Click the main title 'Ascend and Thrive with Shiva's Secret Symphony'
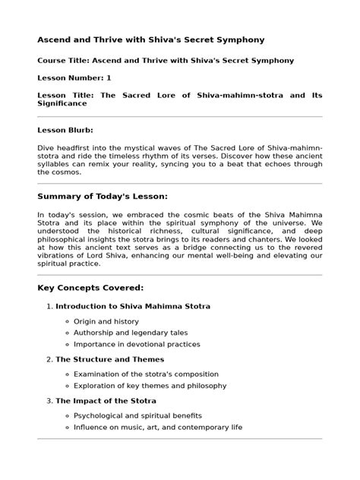(151, 39)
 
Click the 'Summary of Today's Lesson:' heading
(103, 196)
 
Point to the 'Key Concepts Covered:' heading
(90, 288)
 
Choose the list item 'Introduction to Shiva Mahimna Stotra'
(133, 306)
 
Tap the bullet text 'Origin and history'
(106, 321)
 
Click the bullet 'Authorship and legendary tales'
(130, 333)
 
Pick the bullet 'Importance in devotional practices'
(137, 344)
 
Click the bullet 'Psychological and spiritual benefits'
(137, 416)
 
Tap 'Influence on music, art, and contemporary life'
(157, 428)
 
